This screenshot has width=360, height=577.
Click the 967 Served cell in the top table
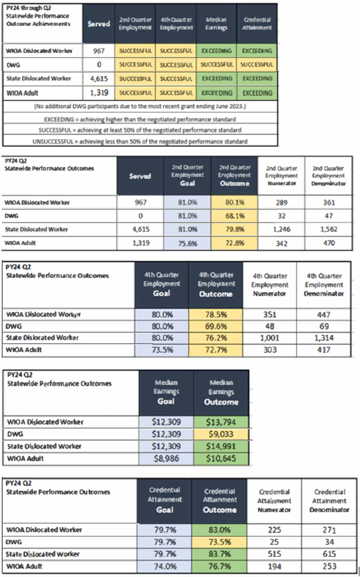point(95,51)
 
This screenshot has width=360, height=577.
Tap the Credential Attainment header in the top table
point(257,25)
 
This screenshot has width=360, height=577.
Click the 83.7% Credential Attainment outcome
point(220,554)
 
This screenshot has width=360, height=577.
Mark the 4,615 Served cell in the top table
point(95,79)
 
